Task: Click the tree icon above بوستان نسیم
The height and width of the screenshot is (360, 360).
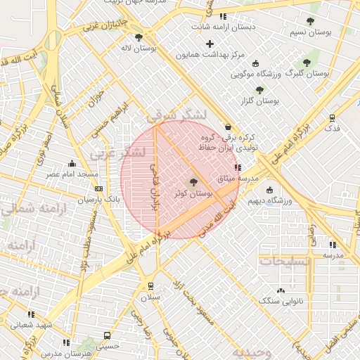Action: point(310,21)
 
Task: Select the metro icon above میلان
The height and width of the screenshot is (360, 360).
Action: point(150,286)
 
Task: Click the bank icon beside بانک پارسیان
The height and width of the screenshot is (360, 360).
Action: point(98,188)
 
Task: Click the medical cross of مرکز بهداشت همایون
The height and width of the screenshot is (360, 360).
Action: point(210,44)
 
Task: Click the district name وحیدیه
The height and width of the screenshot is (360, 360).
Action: point(253,352)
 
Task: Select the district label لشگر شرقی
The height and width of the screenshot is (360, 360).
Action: point(179,115)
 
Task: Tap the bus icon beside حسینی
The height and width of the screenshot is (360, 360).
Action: point(107,335)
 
